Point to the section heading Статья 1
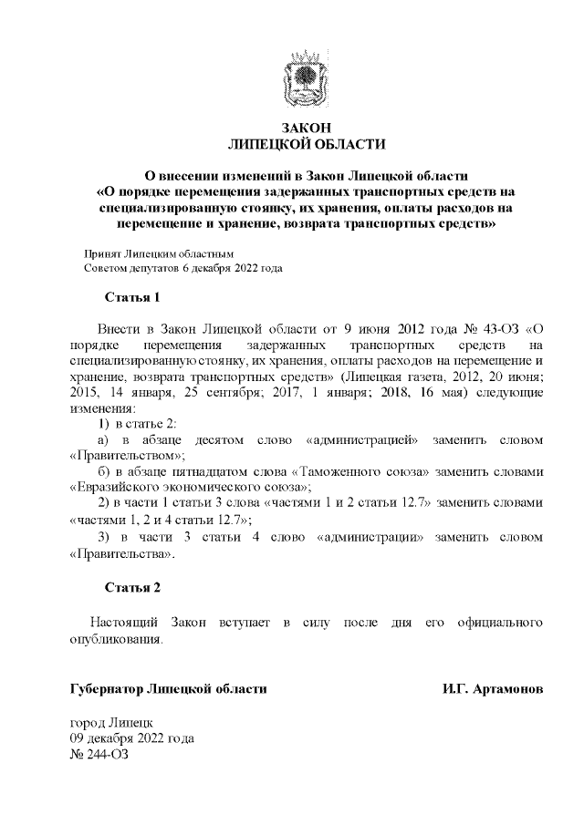[133, 297]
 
